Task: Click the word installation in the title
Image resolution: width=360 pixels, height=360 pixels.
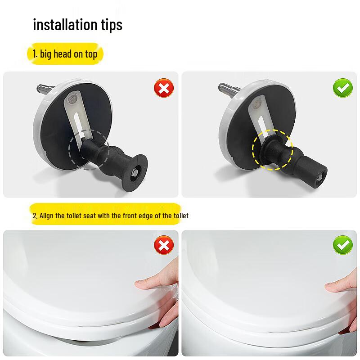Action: tap(63, 24)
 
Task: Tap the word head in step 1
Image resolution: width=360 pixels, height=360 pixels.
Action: tap(63, 54)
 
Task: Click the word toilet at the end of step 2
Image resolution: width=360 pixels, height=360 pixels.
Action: tap(181, 216)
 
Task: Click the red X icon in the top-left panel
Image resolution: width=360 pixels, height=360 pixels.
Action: tap(163, 88)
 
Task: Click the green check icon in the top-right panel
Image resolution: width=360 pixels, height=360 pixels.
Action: tap(342, 88)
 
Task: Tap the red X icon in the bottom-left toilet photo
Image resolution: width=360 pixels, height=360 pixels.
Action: tap(163, 245)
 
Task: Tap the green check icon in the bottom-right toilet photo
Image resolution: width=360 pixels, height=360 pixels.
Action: tap(342, 245)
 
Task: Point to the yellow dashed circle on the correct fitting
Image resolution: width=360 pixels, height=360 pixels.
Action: tap(272, 150)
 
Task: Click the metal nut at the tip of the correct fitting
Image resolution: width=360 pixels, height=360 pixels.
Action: tap(319, 178)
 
